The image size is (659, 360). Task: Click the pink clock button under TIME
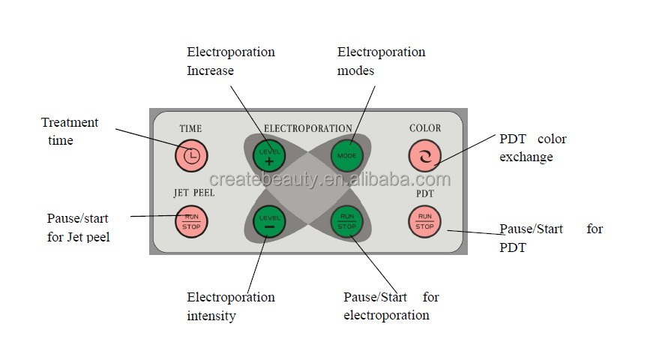tap(191, 155)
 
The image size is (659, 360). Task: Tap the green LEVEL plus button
tap(269, 156)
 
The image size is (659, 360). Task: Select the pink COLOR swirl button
tap(425, 155)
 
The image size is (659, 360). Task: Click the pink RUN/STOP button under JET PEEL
tap(191, 221)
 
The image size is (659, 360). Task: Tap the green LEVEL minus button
tap(269, 221)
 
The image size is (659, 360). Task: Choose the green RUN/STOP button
tap(346, 221)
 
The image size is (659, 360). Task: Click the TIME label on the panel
tap(190, 129)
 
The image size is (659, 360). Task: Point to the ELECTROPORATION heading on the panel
tap(307, 129)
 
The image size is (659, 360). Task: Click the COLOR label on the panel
tap(425, 128)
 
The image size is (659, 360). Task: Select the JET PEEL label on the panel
tap(193, 193)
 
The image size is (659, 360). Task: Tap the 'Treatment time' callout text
tap(69, 131)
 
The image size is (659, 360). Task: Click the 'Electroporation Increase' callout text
tap(230, 61)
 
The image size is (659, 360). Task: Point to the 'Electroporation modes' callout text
tap(381, 61)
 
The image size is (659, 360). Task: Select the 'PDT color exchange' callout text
tap(532, 148)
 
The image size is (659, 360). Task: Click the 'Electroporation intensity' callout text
tap(230, 306)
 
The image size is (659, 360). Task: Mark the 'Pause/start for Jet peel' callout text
tap(78, 228)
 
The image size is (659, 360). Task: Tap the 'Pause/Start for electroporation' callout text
tap(390, 306)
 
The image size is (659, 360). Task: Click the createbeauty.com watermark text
tap(330, 179)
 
